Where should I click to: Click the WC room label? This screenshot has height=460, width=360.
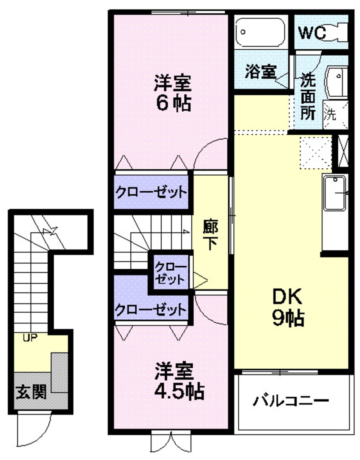[x=312, y=32]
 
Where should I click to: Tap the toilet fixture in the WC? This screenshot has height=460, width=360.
[x=338, y=33]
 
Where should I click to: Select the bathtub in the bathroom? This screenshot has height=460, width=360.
[x=261, y=32]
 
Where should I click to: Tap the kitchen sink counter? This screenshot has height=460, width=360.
[x=335, y=193]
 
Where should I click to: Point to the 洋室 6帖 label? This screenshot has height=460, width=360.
[x=172, y=92]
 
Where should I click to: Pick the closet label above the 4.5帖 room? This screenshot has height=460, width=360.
[x=151, y=309]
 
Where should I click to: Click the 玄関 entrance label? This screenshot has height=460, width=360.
[x=31, y=392]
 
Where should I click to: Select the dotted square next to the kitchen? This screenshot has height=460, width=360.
[x=315, y=152]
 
